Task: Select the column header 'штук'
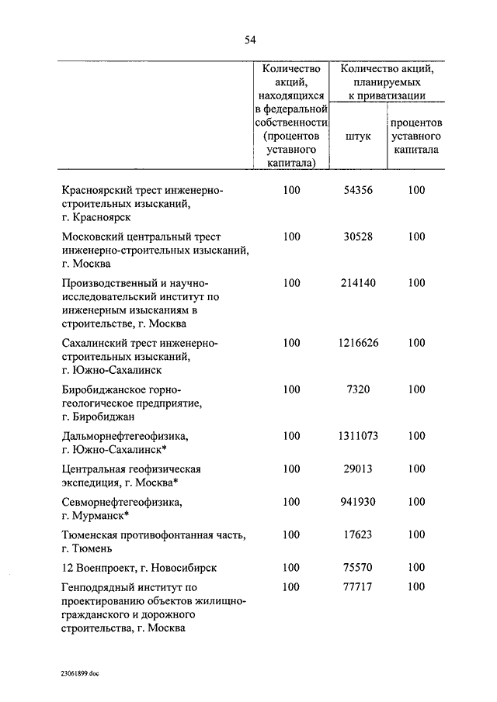[x=358, y=136]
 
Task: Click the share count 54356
[x=358, y=191]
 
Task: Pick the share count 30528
[x=358, y=237]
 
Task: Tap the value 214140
[x=358, y=283]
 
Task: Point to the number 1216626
[x=358, y=343]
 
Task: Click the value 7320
[x=358, y=389]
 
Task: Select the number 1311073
[x=358, y=436]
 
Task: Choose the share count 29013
[x=358, y=469]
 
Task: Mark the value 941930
[x=358, y=502]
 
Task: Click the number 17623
[x=358, y=534]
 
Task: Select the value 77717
[x=358, y=587]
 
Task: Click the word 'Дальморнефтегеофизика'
[x=124, y=437]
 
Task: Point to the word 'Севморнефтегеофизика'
[x=122, y=503]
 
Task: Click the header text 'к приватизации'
[x=387, y=95]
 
